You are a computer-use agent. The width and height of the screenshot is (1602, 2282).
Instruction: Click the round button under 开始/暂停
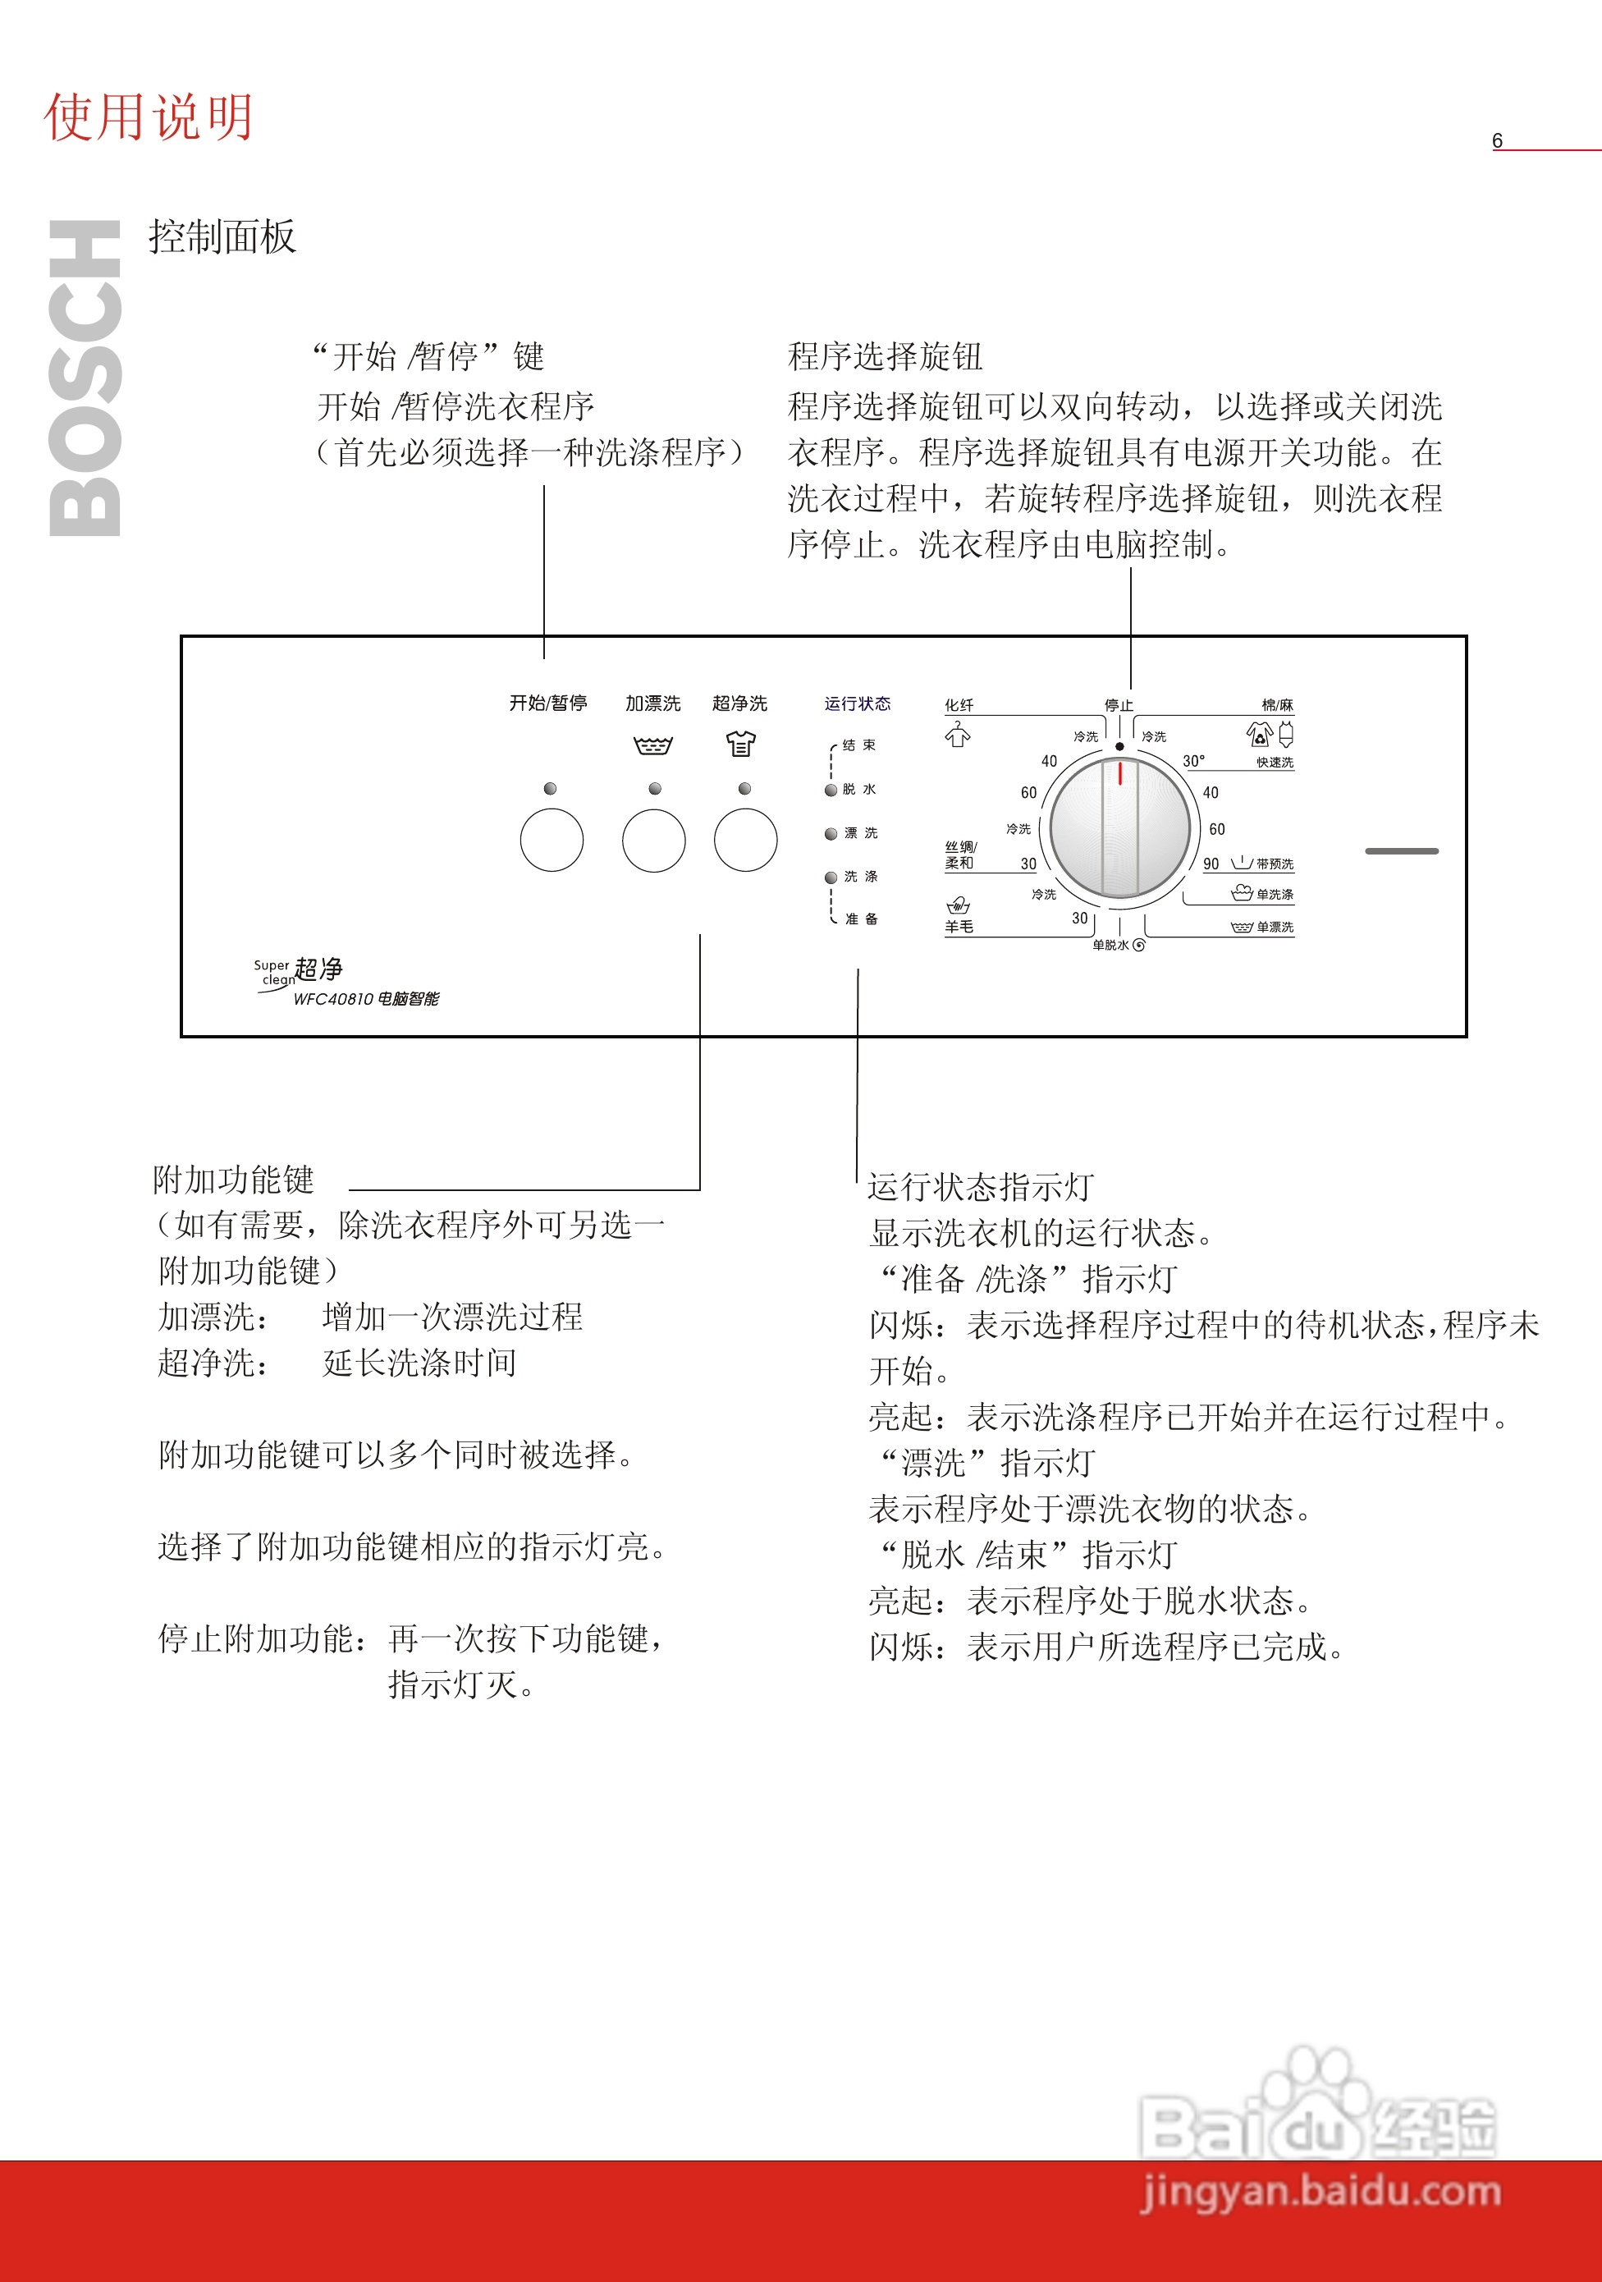point(552,840)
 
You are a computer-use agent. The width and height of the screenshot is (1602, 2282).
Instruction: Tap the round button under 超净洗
point(745,840)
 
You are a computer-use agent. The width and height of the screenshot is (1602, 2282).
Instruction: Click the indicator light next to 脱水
point(831,790)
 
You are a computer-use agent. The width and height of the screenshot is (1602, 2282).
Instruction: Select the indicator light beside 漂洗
point(831,834)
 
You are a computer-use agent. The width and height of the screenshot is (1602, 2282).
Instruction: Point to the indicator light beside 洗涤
point(831,878)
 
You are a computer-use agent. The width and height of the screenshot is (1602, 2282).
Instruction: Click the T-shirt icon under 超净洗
point(740,744)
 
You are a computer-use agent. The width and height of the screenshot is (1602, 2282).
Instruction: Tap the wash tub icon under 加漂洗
point(653,745)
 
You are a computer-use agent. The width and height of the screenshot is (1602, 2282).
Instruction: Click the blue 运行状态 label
point(857,703)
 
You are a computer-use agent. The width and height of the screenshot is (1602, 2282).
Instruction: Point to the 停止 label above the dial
point(1119,704)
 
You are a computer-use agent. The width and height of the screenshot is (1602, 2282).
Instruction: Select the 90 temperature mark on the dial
point(1211,864)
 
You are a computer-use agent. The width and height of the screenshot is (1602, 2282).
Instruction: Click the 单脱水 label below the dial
point(1112,945)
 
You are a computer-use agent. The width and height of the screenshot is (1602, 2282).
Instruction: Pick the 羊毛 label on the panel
point(959,926)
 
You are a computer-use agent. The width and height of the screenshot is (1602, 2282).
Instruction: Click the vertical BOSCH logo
point(85,378)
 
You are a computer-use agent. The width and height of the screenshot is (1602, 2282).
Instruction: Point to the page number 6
point(1497,141)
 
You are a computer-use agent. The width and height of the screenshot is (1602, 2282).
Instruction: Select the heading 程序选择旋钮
point(885,355)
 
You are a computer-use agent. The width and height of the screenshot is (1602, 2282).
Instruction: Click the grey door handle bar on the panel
point(1401,850)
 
